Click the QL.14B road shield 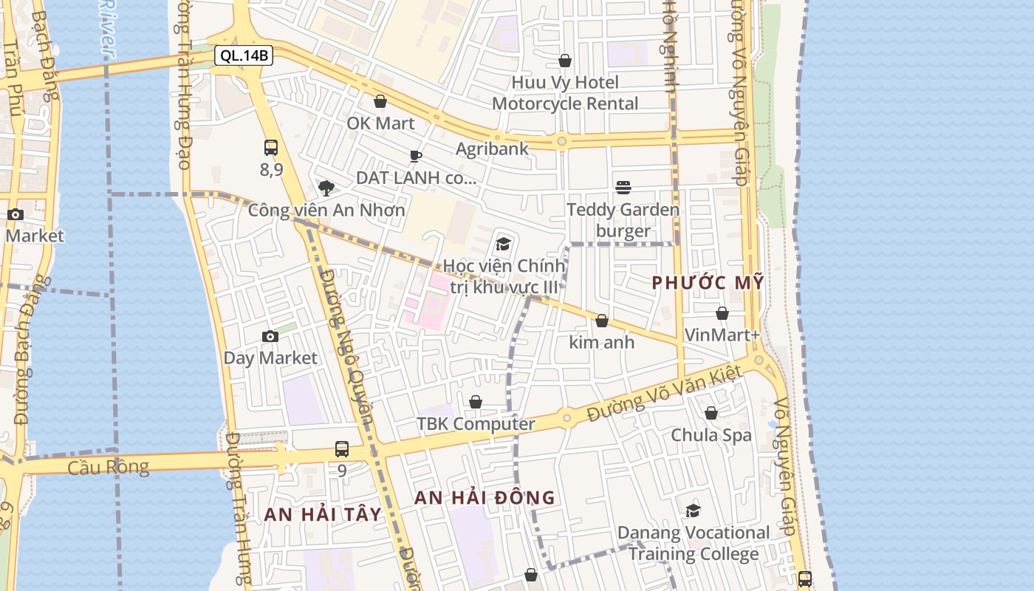point(244,55)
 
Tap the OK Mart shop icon point(380,101)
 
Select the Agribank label point(492,148)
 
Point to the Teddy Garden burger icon point(623,188)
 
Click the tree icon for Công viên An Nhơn point(326,188)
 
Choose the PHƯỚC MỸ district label point(708,283)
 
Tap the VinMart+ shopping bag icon point(722,313)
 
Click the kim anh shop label point(601,342)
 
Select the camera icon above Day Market point(270,337)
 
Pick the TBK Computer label point(476,424)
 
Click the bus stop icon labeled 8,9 point(271,148)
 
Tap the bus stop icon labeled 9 point(342,448)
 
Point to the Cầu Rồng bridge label point(108,468)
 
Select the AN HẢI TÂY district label point(323,515)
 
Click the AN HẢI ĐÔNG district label point(485,498)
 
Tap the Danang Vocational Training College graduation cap point(693,510)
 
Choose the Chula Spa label point(711,435)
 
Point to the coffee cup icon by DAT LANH point(416,156)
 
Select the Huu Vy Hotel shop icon point(565,61)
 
